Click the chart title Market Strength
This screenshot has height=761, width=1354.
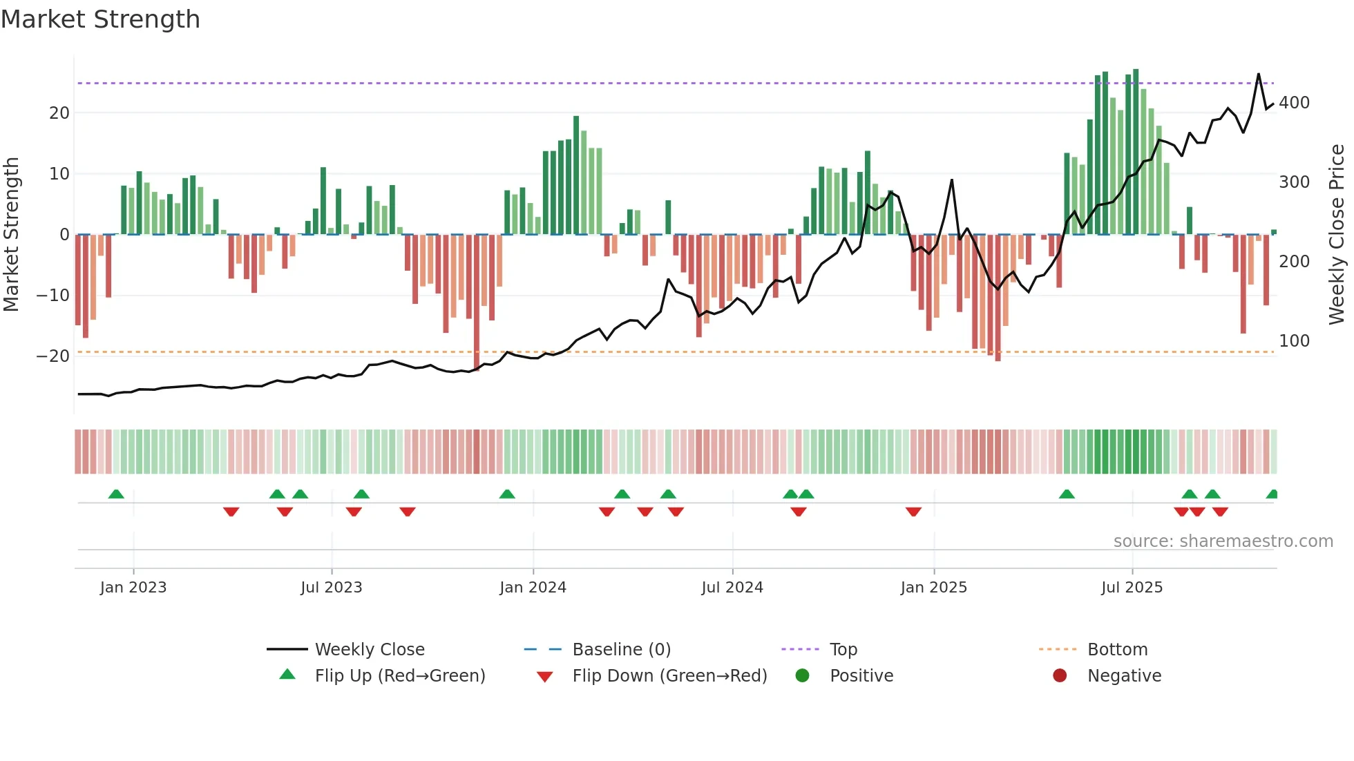coord(100,19)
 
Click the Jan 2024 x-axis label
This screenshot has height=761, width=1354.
coord(533,588)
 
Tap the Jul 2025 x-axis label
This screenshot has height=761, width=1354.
coord(1132,588)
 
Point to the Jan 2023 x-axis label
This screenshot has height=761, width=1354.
coord(133,588)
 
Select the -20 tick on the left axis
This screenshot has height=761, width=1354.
coord(53,356)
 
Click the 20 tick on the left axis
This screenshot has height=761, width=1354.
coord(59,113)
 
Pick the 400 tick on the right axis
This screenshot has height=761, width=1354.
coord(1294,103)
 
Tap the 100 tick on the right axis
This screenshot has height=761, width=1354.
coord(1294,341)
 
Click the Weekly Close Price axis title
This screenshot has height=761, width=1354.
coord(1337,235)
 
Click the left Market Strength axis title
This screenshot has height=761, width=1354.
coord(11,235)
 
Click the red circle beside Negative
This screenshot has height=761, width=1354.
coord(1060,676)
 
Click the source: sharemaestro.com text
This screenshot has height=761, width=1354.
coord(1223,541)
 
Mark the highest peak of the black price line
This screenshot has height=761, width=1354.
coord(1258,74)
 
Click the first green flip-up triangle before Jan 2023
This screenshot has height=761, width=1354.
coord(116,494)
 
